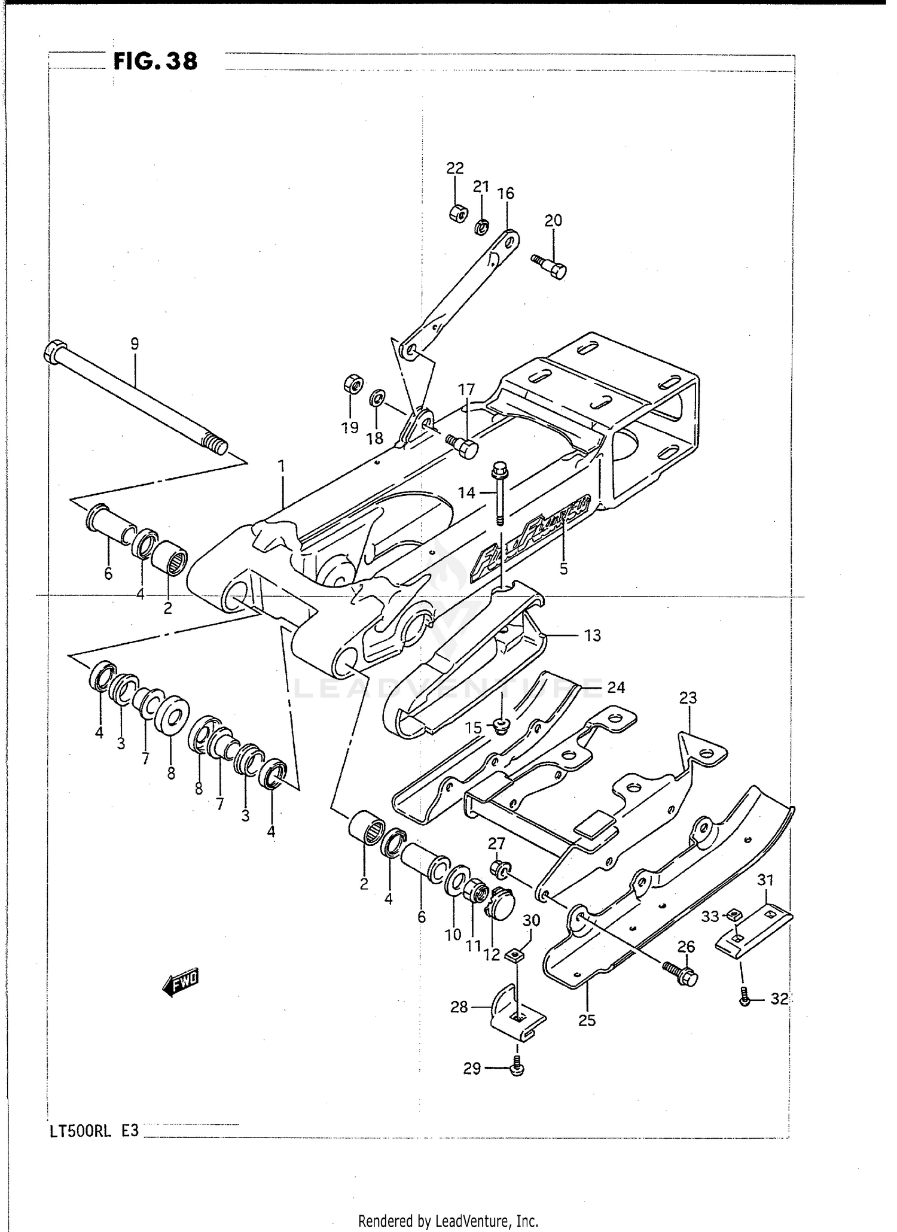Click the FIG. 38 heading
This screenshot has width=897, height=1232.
point(155,61)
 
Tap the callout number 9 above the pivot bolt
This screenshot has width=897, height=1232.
point(135,344)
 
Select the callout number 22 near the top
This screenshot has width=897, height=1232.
point(455,168)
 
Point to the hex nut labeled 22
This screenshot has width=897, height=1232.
point(458,213)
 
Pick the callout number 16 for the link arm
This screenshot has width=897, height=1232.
point(506,193)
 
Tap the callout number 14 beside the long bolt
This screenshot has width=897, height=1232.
point(466,492)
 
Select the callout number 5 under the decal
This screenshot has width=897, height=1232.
point(563,568)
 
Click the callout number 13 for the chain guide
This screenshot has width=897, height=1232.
point(592,635)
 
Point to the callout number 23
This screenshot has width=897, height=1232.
point(688,698)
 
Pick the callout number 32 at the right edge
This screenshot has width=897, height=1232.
point(779,999)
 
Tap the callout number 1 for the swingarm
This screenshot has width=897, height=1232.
point(281,466)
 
